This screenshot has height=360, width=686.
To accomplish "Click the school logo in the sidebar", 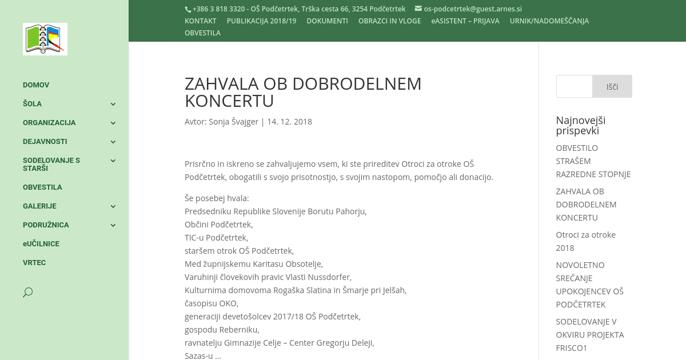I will coord(45,39).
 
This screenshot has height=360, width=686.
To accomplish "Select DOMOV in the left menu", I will coord(36,85).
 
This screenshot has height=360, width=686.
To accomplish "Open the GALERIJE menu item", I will coord(39,206).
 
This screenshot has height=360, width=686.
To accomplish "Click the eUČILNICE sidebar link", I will coord(41,244).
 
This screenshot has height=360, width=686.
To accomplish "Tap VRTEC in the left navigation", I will coord(34,263).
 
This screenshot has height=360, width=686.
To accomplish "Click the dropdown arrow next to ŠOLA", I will coord(113,104).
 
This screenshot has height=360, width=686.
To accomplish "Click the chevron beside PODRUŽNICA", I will coord(113,225).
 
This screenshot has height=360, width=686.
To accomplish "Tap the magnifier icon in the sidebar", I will coord(27,293).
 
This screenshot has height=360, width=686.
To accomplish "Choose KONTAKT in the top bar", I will coord(200,21).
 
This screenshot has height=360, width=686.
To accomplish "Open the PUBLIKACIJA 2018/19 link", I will coord(261,21).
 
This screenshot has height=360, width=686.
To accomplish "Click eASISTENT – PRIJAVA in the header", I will coord(465,21).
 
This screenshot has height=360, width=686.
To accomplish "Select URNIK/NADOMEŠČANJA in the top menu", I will coord(549,21).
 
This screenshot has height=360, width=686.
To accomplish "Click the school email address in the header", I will coord(472,9).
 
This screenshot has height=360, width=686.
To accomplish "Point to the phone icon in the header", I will coord(188,9).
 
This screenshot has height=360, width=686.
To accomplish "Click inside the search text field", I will coord(575,86).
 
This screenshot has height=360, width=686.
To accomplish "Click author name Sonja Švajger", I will coord(233,122).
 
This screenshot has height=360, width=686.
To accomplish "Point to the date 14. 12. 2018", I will coord(289,122).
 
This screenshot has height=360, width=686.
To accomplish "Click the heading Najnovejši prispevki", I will coord(580,125).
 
